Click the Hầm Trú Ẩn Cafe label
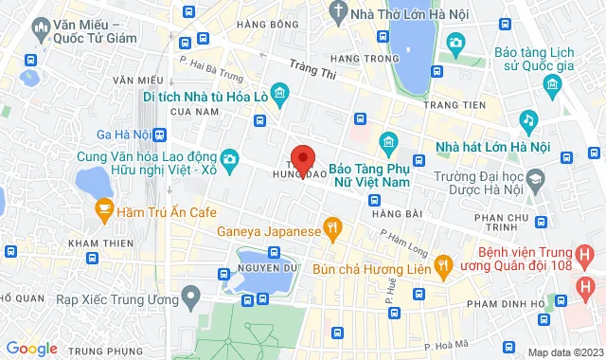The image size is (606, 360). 169,209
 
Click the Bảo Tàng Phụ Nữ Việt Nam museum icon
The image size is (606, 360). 387,143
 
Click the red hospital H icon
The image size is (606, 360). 588,284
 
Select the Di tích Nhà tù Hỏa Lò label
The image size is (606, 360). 203,97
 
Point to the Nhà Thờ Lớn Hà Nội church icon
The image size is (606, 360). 339,11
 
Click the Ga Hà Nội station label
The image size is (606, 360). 124,135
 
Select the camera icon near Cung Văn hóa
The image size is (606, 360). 229,157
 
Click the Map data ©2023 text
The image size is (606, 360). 564,352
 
